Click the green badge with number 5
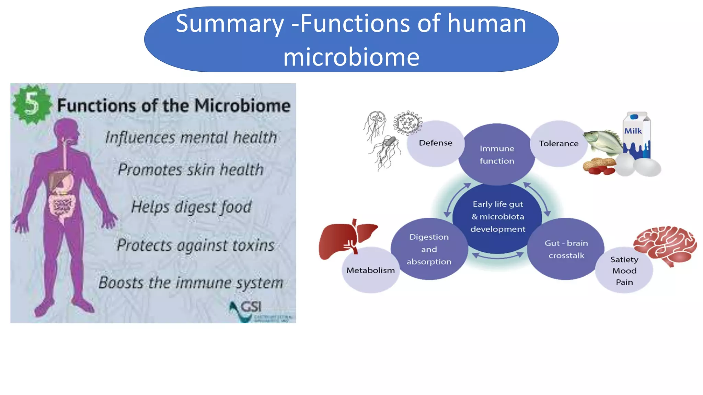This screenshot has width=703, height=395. click(x=32, y=104)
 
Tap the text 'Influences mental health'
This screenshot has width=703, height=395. click(x=191, y=137)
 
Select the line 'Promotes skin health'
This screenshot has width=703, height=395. click(x=191, y=169)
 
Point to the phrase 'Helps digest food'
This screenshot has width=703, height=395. click(x=191, y=207)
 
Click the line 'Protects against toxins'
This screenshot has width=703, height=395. click(x=195, y=245)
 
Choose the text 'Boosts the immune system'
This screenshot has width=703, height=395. click(x=191, y=283)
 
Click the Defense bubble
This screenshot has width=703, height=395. click(x=435, y=143)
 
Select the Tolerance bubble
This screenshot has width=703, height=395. click(x=558, y=143)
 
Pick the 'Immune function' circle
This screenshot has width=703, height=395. click(x=497, y=155)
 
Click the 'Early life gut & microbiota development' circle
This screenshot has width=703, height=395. click(x=497, y=217)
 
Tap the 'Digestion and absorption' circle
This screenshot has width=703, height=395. click(x=429, y=249)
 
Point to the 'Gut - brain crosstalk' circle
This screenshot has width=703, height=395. click(x=566, y=249)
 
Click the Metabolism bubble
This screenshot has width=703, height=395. click(x=370, y=271)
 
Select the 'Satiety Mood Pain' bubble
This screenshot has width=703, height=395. click(x=624, y=271)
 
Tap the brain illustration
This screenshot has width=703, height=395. click(x=665, y=244)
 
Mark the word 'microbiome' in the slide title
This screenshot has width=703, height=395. click(x=351, y=57)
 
